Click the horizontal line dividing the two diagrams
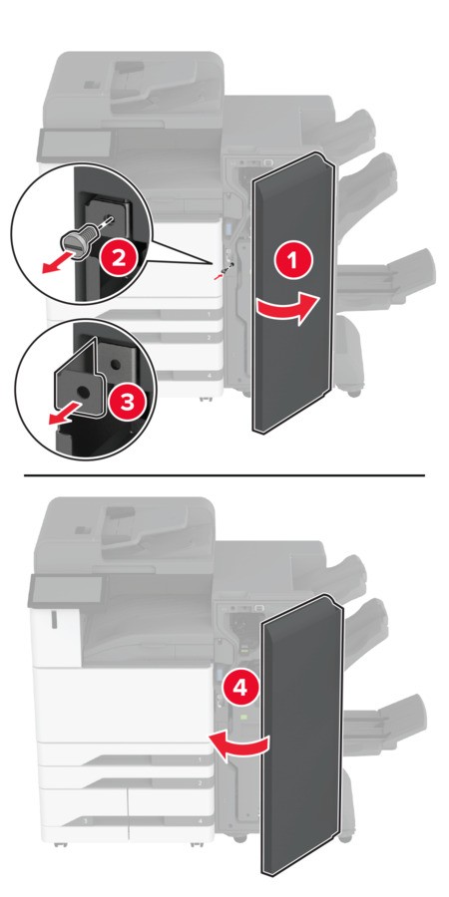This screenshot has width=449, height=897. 224,474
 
